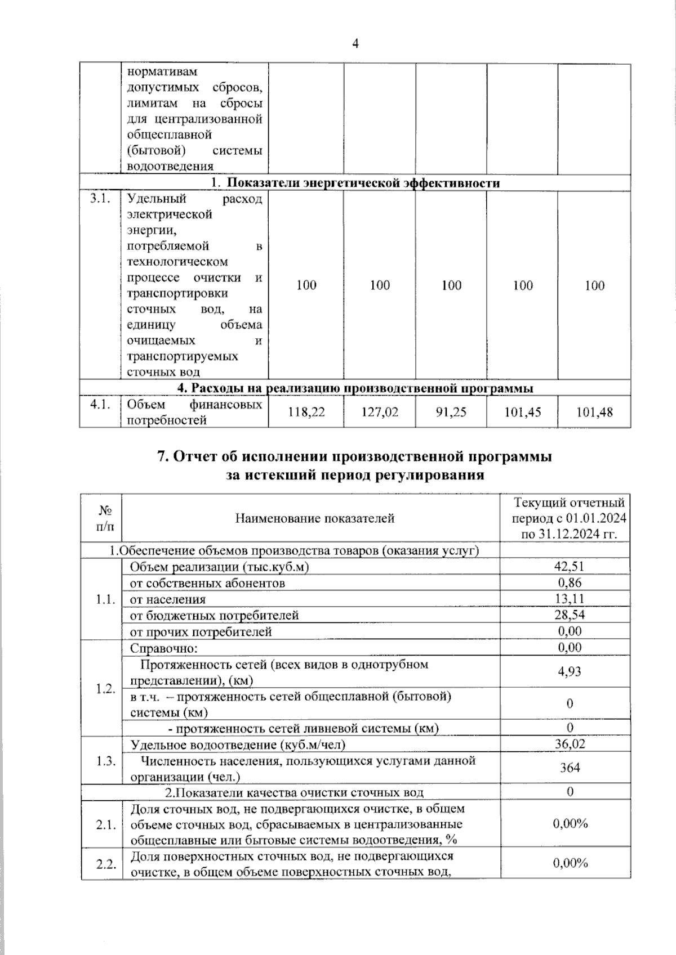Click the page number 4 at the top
click(355, 44)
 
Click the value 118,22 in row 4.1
click(306, 413)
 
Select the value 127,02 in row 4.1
click(380, 413)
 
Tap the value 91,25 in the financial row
click(451, 413)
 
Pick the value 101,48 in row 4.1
click(594, 413)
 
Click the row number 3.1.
click(99, 199)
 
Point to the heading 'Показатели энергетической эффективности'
click(355, 183)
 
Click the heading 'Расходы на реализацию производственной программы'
click(355, 388)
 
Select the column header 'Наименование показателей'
click(314, 518)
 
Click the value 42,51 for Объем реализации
click(570, 567)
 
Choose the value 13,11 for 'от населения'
click(570, 599)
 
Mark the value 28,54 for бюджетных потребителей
click(570, 615)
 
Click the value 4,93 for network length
click(570, 671)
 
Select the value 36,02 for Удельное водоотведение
click(570, 744)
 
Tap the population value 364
click(570, 768)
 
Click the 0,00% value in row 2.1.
click(570, 824)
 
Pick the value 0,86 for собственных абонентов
click(570, 583)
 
